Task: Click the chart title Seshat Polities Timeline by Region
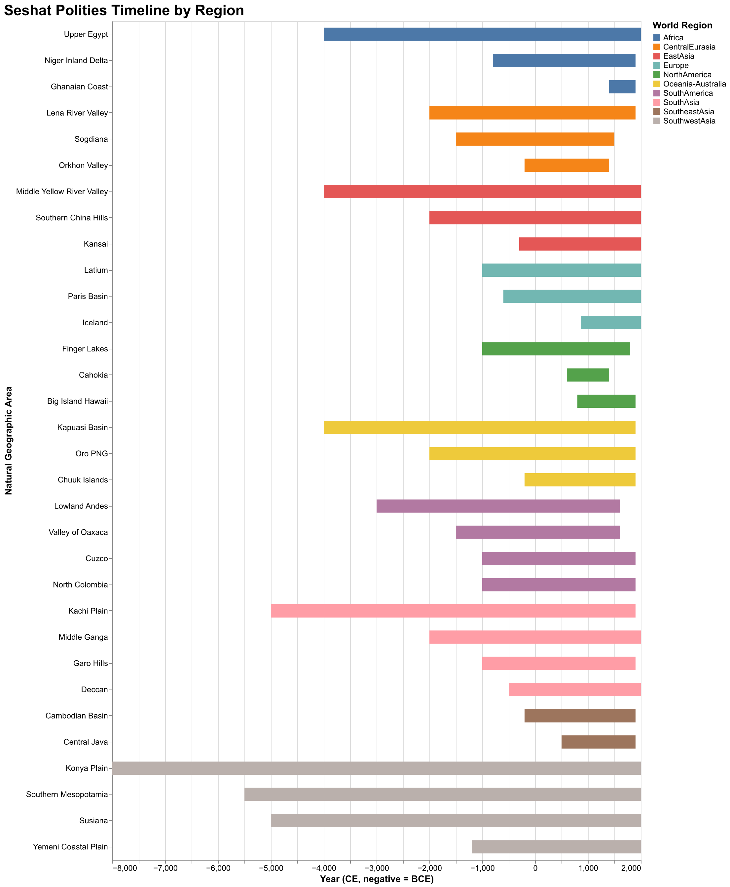124,10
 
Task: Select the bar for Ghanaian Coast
622,87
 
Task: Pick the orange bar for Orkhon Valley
566,165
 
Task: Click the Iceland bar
610,322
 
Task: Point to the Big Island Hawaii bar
606,401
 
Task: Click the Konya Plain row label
87,768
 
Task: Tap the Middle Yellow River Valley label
62,192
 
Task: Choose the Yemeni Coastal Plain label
70,847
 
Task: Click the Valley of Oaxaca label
78,532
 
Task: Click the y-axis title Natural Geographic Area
8,441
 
